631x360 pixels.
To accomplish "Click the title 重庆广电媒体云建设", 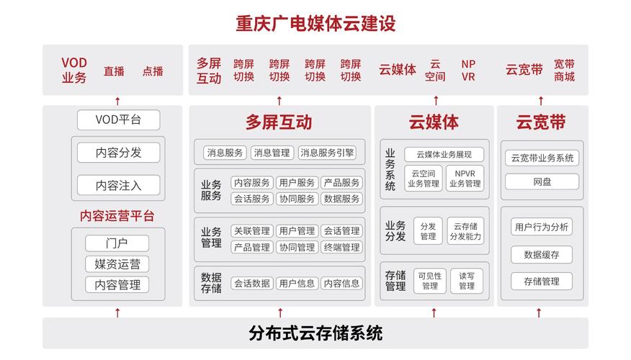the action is (315, 23).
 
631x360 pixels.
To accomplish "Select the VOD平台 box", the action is (118, 120).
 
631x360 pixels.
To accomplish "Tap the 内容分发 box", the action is (118, 153).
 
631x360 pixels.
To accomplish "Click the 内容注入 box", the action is (118, 185).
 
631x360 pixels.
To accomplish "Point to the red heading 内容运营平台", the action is (117, 216).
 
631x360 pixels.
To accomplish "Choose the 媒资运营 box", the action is (117, 264).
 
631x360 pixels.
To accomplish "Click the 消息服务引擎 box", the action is (327, 153).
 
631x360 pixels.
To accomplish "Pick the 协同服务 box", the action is (297, 199).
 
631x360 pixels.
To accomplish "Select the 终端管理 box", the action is (341, 248).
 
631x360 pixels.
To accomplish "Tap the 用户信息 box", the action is (297, 284).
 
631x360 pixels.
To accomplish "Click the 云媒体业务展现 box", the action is (444, 155).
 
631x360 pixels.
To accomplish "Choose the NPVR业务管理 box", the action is (465, 178).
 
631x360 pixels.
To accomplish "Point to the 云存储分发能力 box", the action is (465, 231).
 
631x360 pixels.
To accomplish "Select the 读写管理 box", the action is (467, 281).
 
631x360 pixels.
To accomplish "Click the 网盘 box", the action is (542, 182).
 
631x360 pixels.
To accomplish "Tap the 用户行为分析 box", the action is (542, 228).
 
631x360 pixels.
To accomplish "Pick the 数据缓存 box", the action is (542, 255).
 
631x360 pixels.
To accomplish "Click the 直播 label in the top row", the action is (114, 71).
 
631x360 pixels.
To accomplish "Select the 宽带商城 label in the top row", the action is (564, 70).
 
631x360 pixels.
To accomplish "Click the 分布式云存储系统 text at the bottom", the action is (315, 333).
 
